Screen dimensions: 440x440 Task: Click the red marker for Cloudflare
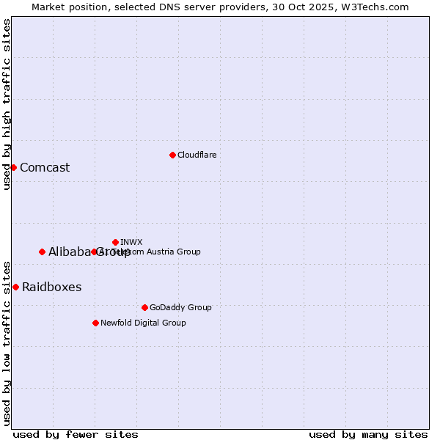pos(172,155)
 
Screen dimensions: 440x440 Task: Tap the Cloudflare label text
pos(197,155)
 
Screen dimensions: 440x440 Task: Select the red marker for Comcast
pos(13,167)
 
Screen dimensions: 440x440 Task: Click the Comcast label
pos(45,167)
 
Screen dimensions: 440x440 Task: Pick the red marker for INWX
pos(115,242)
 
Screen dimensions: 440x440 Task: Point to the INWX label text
pos(131,242)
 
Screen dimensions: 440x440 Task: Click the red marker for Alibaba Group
pos(42,252)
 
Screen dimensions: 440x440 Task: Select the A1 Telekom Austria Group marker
pos(94,252)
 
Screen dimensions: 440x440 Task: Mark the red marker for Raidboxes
pos(15,287)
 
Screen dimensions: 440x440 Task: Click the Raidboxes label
pos(51,287)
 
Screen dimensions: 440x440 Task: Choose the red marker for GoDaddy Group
pos(144,307)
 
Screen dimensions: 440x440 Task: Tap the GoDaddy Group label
pos(180,307)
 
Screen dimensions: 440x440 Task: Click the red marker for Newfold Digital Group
pos(95,323)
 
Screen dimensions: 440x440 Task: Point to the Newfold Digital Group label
pos(143,323)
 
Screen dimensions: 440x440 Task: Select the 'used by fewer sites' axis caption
pos(76,434)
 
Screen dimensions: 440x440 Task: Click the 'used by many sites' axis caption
pos(368,434)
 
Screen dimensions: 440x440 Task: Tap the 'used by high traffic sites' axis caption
pos(7,104)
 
